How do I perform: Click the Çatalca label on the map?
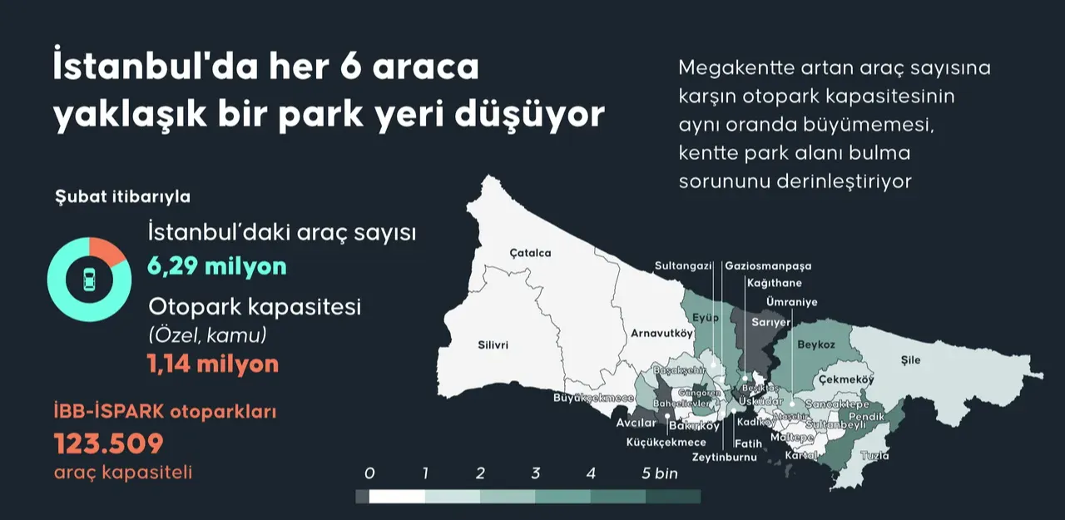[x=530, y=253]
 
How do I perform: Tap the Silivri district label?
[x=493, y=344]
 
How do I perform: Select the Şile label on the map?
[x=911, y=360]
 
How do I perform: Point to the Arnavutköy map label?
[x=661, y=334]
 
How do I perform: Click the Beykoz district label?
[x=816, y=344]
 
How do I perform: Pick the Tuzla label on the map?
[x=874, y=456]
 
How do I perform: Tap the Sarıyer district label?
[x=770, y=322]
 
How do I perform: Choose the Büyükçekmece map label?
[x=588, y=398]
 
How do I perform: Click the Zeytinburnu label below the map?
[x=724, y=457]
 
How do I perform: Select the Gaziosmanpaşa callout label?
[x=768, y=266]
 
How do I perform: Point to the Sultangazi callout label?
[x=683, y=266]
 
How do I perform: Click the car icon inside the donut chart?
[x=87, y=280]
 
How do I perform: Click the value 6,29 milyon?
[x=217, y=267]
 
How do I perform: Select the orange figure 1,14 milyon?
[x=213, y=364]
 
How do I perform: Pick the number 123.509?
[x=109, y=443]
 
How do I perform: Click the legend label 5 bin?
[x=660, y=474]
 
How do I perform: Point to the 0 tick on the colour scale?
[x=369, y=474]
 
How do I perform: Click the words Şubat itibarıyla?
[x=122, y=197]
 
